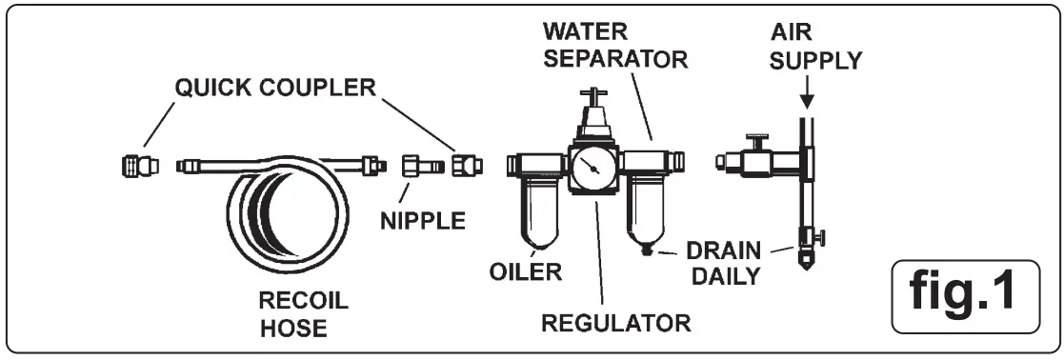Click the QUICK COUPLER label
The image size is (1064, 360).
[274, 87]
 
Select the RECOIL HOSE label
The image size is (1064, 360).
[304, 315]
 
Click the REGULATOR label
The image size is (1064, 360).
[615, 321]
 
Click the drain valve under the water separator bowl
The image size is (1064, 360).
[651, 252]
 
